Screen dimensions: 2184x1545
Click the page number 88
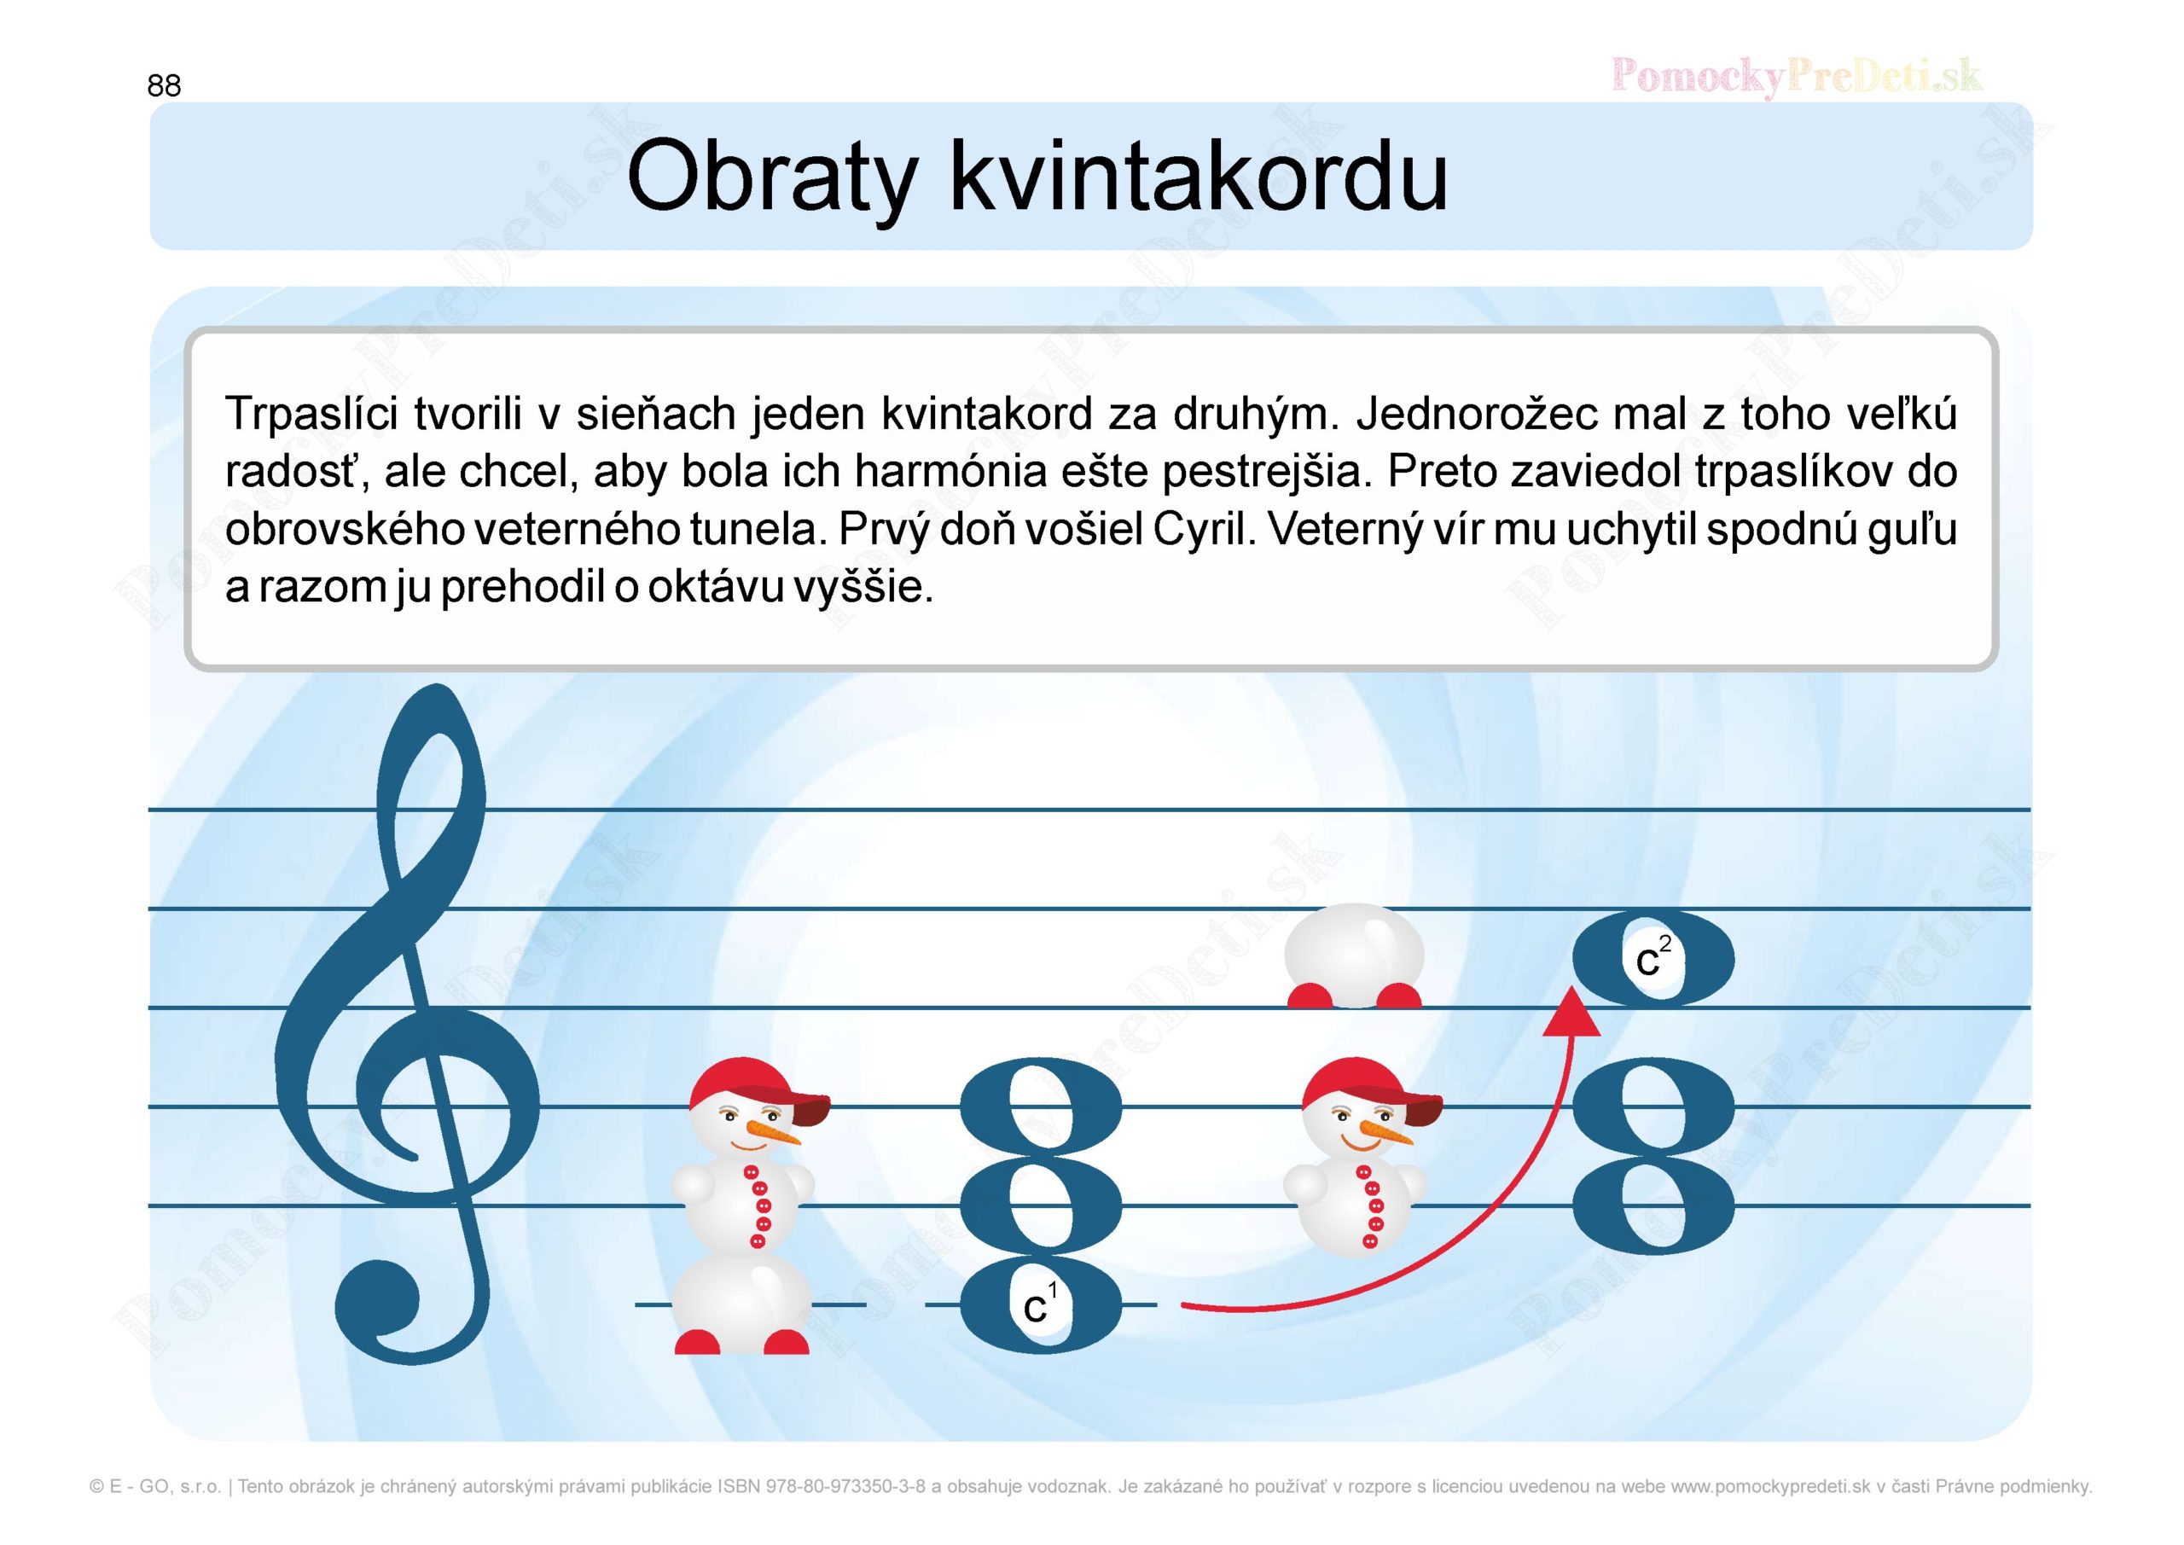click(164, 85)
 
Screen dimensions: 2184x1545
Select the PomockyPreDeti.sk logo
click(1797, 75)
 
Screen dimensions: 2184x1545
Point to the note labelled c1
click(1041, 1305)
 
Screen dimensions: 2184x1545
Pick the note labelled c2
click(1653, 959)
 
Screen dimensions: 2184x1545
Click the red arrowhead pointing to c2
click(1571, 1013)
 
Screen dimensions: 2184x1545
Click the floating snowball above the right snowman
click(1355, 957)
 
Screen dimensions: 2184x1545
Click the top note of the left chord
click(1041, 1107)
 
